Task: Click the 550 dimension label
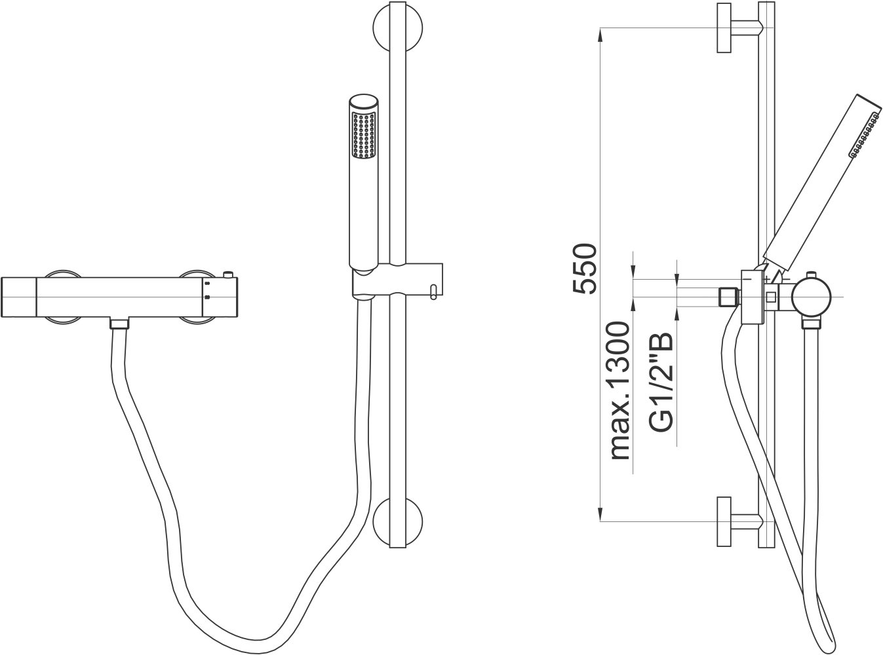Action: (x=585, y=269)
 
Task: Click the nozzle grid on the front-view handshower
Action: (x=363, y=135)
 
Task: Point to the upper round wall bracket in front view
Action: (x=398, y=29)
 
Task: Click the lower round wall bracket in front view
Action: (x=398, y=521)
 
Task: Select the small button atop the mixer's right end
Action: (x=228, y=275)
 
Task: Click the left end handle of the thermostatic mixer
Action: (x=19, y=297)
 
